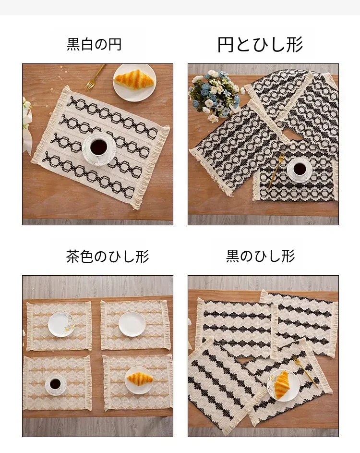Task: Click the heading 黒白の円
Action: (x=94, y=45)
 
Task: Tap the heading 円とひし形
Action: (x=260, y=45)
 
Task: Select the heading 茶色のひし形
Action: (x=108, y=256)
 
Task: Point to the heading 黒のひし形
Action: (x=260, y=256)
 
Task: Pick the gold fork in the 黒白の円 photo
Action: (x=95, y=76)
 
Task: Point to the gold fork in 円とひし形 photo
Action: (x=275, y=171)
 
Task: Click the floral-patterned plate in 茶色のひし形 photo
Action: (x=61, y=324)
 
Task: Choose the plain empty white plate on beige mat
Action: (x=132, y=324)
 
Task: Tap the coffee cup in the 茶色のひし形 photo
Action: (x=55, y=384)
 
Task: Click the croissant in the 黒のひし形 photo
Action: (x=281, y=384)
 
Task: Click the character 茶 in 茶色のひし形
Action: (x=73, y=256)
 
